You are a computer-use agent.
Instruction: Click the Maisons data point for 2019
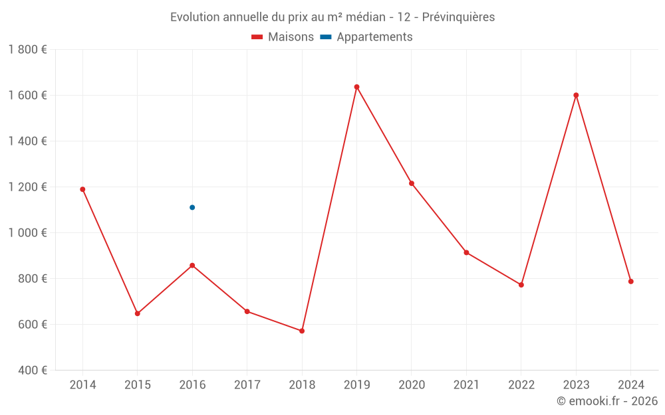356,87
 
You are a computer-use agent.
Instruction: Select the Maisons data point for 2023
576,95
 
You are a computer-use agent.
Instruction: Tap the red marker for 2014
82,189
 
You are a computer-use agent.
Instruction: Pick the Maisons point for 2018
302,331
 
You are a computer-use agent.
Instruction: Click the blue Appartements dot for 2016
192,207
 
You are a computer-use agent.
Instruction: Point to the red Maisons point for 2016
192,266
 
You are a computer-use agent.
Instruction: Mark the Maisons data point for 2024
630,282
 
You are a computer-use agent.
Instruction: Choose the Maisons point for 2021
466,252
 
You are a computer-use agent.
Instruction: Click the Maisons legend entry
283,37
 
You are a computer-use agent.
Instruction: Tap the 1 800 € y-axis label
27,50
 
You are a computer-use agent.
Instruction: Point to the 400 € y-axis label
32,371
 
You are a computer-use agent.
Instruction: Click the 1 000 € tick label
27,233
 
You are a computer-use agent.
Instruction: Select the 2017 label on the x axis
247,385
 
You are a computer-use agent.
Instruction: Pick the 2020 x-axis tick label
412,385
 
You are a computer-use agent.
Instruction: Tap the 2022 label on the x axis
521,385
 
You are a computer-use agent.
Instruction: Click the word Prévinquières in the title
458,17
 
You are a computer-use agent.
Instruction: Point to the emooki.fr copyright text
607,401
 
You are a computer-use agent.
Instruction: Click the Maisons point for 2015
138,313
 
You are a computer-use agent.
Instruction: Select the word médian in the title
362,17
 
